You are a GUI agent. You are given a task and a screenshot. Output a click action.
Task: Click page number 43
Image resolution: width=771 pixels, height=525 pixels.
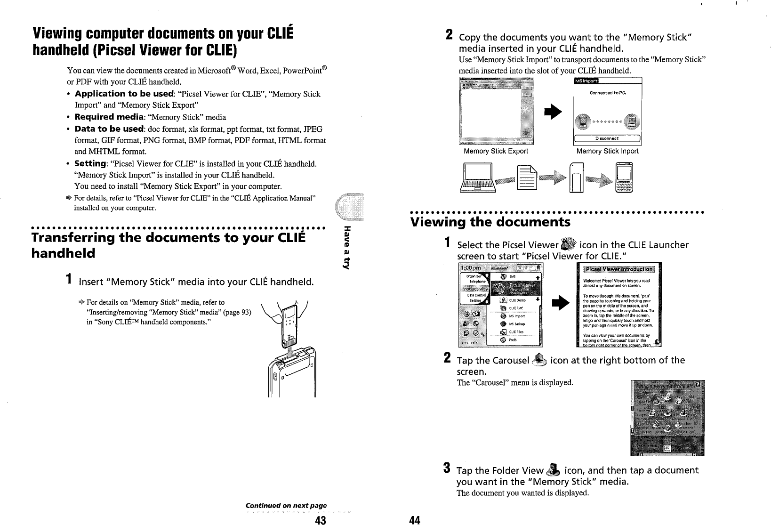(x=321, y=519)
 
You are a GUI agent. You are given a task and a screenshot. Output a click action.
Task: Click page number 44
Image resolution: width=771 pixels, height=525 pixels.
(x=414, y=520)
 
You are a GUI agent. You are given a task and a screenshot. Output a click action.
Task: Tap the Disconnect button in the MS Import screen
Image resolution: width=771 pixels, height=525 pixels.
(x=607, y=138)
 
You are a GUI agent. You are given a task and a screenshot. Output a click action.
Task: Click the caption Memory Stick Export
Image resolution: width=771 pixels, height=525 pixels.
(x=496, y=151)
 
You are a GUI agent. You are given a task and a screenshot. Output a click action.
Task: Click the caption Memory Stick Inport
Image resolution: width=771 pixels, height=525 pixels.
(x=607, y=151)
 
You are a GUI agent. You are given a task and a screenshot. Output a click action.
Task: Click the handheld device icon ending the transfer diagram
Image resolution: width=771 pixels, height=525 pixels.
(x=625, y=178)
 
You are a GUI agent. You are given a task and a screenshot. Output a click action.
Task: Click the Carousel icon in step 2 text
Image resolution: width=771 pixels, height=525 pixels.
(x=540, y=360)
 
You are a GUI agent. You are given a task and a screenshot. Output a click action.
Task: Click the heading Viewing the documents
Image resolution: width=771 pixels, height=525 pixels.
(x=490, y=222)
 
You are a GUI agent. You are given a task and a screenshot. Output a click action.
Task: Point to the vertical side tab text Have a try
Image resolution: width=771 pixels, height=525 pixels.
(x=347, y=248)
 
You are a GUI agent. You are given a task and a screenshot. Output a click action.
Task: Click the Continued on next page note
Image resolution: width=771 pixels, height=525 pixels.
(x=286, y=505)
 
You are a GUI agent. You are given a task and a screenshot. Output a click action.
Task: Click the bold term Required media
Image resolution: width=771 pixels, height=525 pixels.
(x=109, y=117)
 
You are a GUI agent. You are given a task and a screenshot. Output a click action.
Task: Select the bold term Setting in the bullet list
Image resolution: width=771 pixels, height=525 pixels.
(x=90, y=164)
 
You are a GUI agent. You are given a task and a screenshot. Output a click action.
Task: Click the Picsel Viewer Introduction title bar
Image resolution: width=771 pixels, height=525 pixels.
(x=618, y=269)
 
